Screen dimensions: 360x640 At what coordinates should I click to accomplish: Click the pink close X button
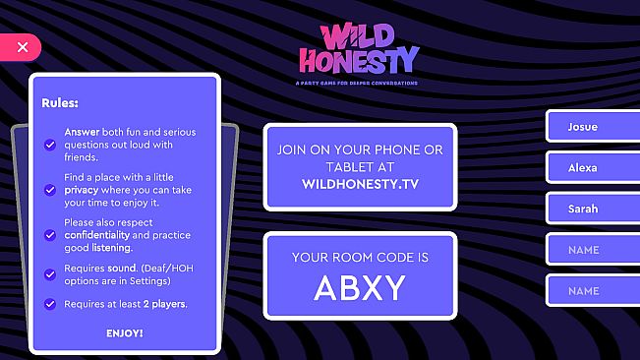22,47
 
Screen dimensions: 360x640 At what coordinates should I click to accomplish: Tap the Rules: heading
60,102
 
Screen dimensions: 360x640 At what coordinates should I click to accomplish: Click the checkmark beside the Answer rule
49,145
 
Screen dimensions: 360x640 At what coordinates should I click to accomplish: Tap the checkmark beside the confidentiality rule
49,235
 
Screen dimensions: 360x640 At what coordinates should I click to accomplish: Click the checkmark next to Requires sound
49,273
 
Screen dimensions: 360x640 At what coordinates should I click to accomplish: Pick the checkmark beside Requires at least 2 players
49,304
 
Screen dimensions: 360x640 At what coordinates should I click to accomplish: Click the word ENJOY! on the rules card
124,332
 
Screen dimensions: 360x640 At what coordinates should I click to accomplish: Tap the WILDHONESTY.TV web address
360,184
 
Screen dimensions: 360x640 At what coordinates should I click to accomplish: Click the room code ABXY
360,288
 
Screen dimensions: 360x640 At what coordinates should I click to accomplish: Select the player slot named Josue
588,127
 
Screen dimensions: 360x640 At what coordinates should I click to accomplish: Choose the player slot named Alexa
588,168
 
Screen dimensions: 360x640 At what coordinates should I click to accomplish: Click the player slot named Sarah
588,209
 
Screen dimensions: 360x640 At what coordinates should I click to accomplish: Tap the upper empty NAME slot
588,250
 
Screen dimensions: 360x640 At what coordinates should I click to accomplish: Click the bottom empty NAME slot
588,291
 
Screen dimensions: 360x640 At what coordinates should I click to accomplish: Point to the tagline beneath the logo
356,83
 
